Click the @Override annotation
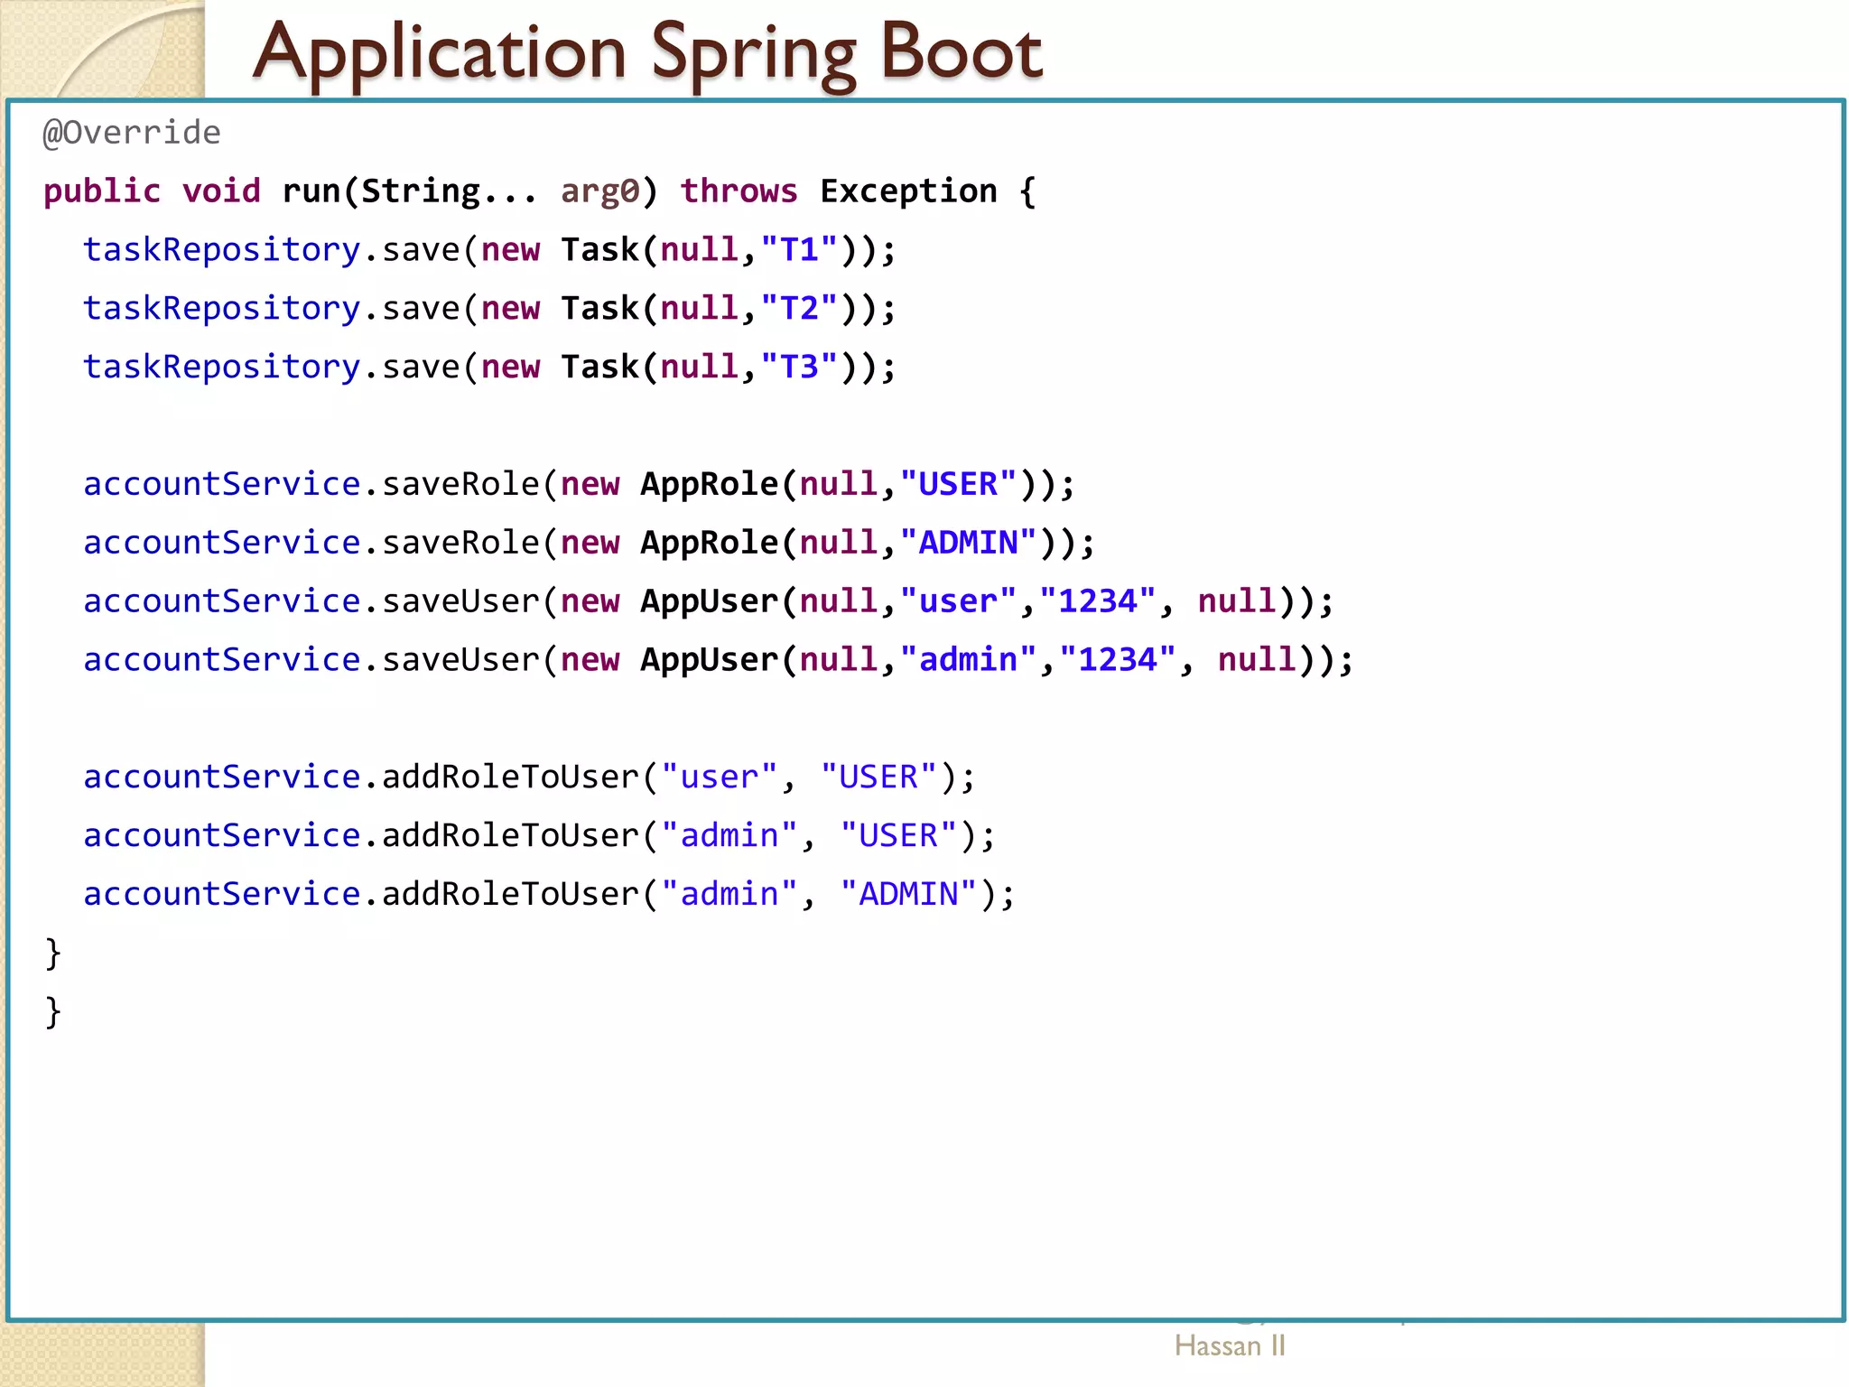132,134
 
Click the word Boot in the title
961,52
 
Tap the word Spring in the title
753,54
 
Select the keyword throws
739,191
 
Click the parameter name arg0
600,192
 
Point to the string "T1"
800,250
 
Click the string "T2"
800,309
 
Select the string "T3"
800,368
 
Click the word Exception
908,191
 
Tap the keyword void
221,191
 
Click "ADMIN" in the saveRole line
969,543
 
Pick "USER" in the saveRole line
959,485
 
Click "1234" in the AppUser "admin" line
1118,660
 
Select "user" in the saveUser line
959,601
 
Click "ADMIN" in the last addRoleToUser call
908,894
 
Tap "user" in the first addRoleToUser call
720,777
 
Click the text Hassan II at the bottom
1230,1346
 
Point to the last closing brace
53,1011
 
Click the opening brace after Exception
1027,191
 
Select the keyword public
102,191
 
